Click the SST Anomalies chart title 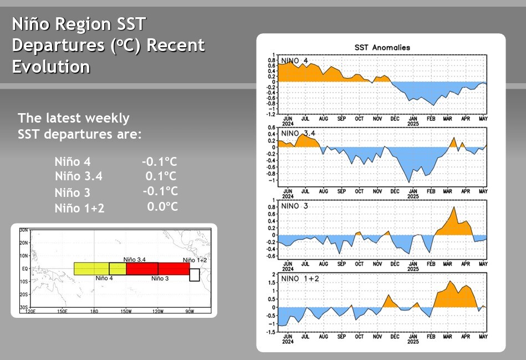tap(382, 48)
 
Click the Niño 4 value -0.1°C tap(159, 161)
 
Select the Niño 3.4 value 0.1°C tap(161, 176)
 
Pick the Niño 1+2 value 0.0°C tap(162, 207)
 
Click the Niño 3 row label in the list tap(72, 192)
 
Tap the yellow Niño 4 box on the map tap(91, 268)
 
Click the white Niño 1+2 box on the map tap(194, 275)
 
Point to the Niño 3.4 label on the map tap(134, 259)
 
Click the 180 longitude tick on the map tap(94, 311)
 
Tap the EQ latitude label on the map tap(24, 268)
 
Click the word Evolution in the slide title tap(51, 67)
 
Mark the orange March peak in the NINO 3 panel tap(454, 207)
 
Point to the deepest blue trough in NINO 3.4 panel tap(409, 182)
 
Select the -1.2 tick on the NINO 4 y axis tap(271, 114)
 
